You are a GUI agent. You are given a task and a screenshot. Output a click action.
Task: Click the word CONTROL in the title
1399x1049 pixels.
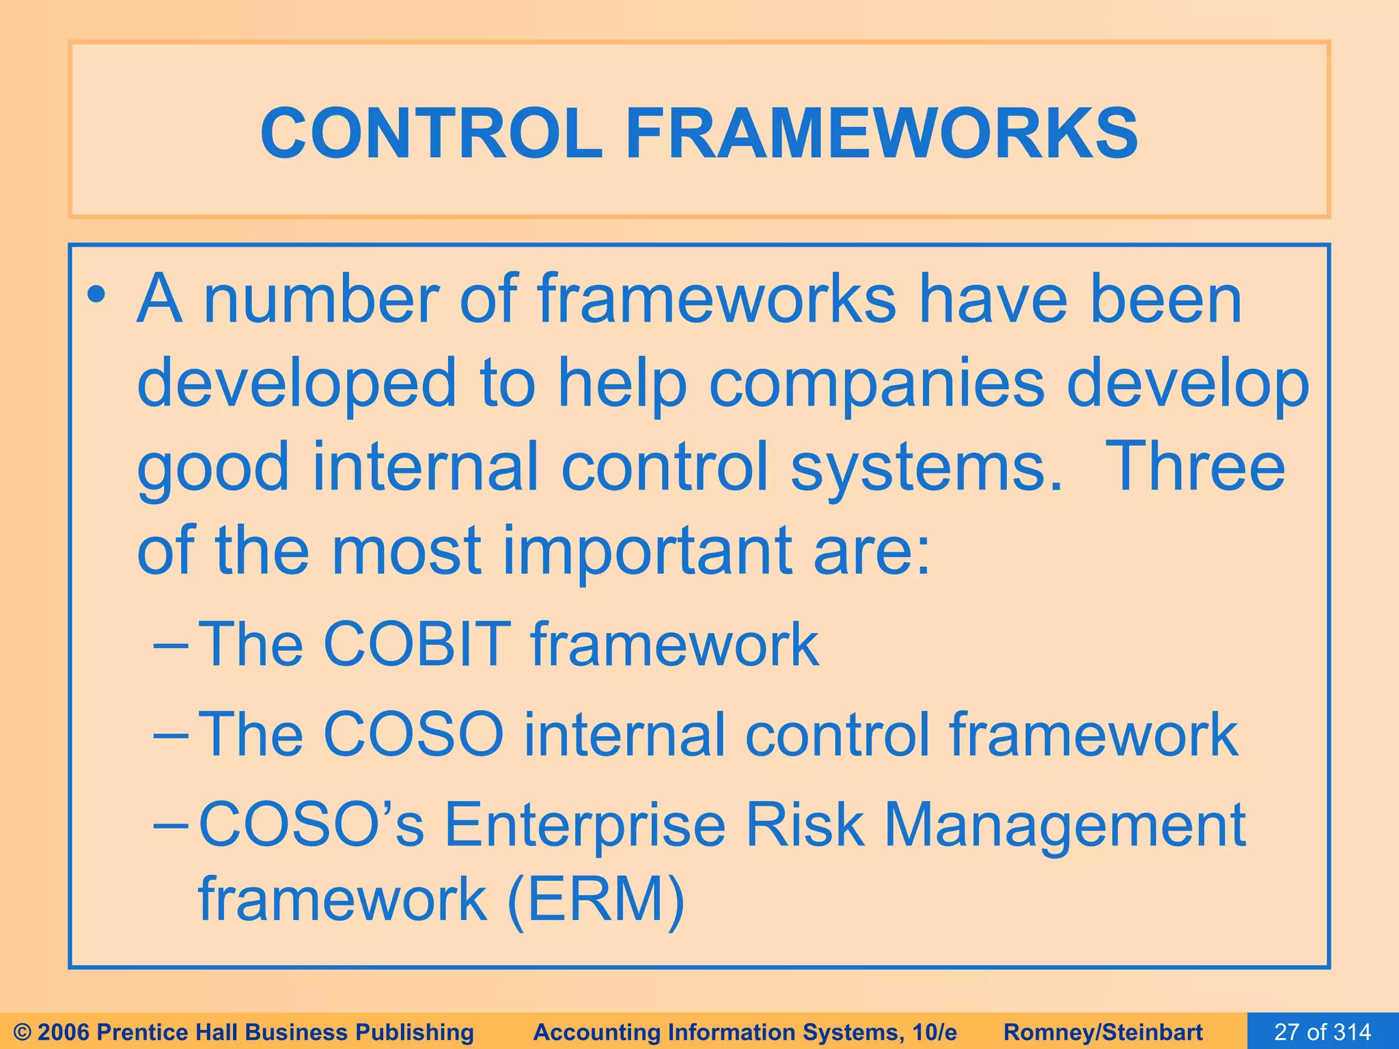point(430,133)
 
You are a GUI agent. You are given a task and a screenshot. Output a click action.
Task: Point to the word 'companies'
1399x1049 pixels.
point(876,384)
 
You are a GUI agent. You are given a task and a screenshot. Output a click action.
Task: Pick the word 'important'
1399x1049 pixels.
point(646,550)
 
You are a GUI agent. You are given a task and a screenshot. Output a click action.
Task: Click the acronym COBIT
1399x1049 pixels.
point(417,644)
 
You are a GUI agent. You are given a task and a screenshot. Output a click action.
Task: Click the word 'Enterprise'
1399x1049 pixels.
point(585,825)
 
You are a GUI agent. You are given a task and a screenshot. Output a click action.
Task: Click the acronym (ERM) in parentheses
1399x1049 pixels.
point(596,899)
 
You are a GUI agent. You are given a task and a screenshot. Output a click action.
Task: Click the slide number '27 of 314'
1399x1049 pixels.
point(1322,1031)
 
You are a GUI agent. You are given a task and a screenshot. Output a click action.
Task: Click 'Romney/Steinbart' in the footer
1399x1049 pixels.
point(1103,1032)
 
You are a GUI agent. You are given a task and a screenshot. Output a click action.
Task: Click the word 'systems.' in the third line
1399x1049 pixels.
point(926,466)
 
